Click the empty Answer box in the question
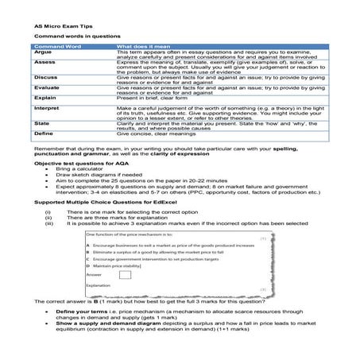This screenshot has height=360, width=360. [x=124, y=274]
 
